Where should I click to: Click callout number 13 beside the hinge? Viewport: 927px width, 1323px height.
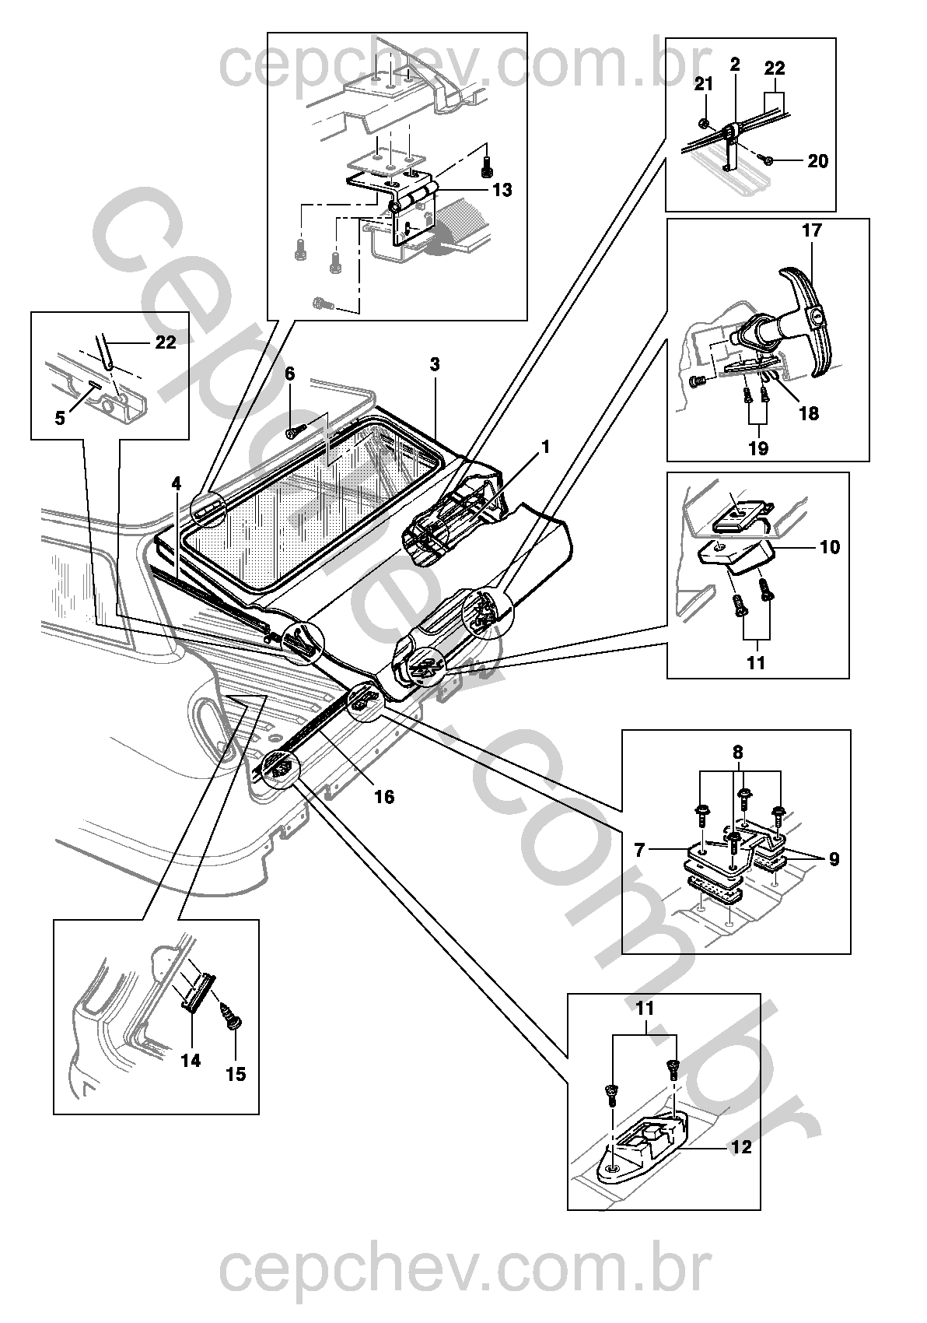502,190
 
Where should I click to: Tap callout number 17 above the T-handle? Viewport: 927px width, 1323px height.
812,230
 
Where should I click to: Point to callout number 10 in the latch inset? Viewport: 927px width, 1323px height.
830,547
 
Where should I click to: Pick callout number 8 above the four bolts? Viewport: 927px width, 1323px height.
737,753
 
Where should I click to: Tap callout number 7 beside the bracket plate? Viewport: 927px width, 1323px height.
639,851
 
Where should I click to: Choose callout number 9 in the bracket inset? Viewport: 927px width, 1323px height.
834,858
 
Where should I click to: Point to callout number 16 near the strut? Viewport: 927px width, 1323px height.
384,797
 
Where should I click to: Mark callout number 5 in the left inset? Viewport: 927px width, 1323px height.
60,418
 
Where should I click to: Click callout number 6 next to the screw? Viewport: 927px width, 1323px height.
290,374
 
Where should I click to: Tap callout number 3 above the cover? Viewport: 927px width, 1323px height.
435,364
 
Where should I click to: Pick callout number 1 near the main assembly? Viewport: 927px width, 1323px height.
545,447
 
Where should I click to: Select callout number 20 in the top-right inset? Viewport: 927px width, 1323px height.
818,160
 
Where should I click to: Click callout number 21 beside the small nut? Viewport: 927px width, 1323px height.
703,84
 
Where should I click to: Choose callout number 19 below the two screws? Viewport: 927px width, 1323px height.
759,448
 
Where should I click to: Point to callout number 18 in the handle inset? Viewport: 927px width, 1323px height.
809,413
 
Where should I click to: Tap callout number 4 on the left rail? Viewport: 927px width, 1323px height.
177,484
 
